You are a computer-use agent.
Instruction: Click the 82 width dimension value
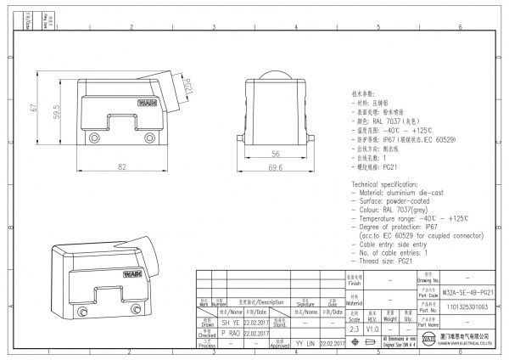(122, 166)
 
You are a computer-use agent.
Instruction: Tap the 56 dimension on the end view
(276, 154)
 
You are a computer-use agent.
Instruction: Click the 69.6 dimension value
(276, 168)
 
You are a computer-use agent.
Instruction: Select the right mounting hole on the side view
(151, 138)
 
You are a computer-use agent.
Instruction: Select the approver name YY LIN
(304, 344)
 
